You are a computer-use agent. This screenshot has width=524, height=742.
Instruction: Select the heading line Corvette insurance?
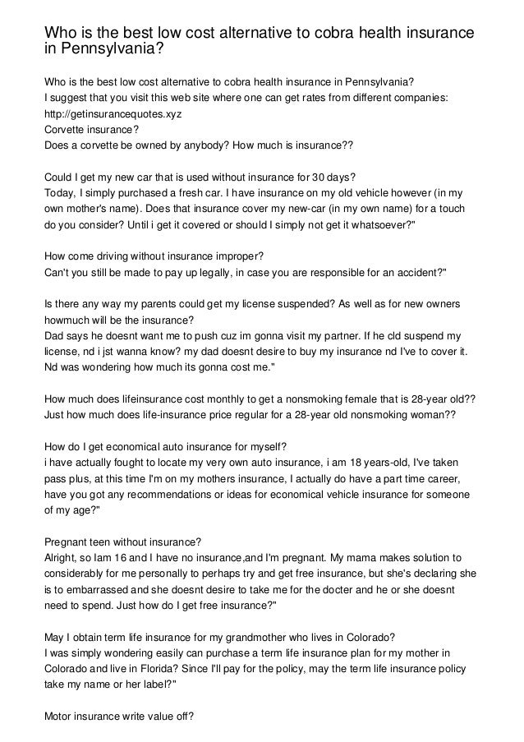(x=91, y=130)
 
